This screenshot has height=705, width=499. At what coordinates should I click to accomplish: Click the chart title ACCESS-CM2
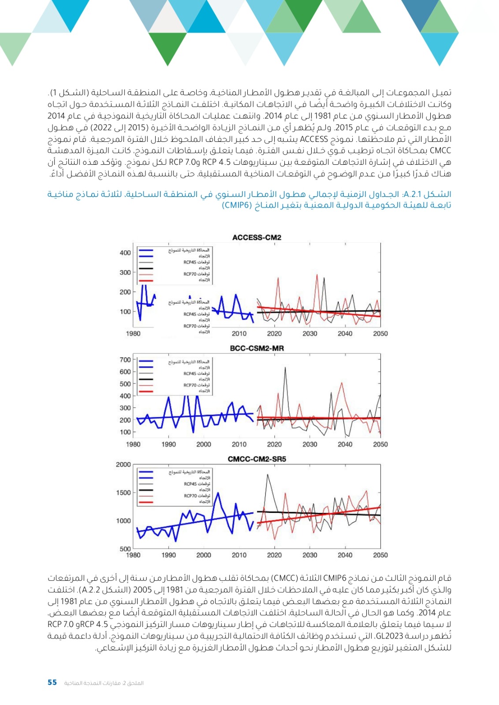coord(257,237)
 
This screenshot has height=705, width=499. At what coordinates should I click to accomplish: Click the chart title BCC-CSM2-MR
coord(257,348)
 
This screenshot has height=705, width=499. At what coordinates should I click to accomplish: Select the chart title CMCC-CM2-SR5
coord(257,459)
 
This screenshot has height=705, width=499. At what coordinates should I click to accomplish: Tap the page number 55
coord(52,683)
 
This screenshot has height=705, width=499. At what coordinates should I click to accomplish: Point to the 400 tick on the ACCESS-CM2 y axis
coord(125,253)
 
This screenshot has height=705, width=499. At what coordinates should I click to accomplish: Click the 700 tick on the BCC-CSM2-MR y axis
coord(125,360)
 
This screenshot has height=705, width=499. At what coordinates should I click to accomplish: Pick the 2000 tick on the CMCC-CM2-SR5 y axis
coord(123,464)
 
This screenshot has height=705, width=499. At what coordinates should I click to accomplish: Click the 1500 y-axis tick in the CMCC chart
coord(123,493)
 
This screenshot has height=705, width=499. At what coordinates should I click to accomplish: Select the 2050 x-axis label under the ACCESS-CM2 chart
coord(380,334)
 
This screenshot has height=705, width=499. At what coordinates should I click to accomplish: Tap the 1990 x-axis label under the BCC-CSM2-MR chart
coord(168,444)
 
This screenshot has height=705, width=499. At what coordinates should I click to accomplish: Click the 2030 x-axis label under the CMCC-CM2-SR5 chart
coord(309,555)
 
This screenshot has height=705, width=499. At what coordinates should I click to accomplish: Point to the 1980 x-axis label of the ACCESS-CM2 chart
coord(133,334)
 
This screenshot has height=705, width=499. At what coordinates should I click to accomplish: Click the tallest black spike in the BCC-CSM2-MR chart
coord(285,367)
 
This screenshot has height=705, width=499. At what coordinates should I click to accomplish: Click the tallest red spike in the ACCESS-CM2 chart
coord(317,275)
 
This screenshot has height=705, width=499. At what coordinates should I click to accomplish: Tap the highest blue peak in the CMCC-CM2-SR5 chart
coord(217,493)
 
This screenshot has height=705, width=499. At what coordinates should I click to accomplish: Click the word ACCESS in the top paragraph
coord(314,139)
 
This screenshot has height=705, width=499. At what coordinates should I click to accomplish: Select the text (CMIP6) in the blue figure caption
coord(237,205)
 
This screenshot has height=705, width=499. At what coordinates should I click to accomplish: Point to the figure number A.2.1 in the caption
coord(412,194)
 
